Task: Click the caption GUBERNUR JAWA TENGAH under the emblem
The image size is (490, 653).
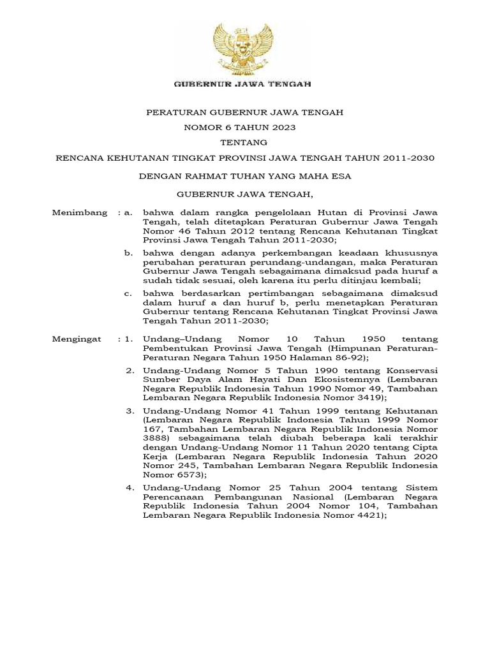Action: pos(244,84)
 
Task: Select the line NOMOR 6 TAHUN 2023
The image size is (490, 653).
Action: pos(239,128)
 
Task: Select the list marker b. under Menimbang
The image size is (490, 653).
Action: pos(128,253)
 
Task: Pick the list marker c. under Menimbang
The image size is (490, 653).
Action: pos(128,293)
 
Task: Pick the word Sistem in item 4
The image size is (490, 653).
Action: pos(423,488)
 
